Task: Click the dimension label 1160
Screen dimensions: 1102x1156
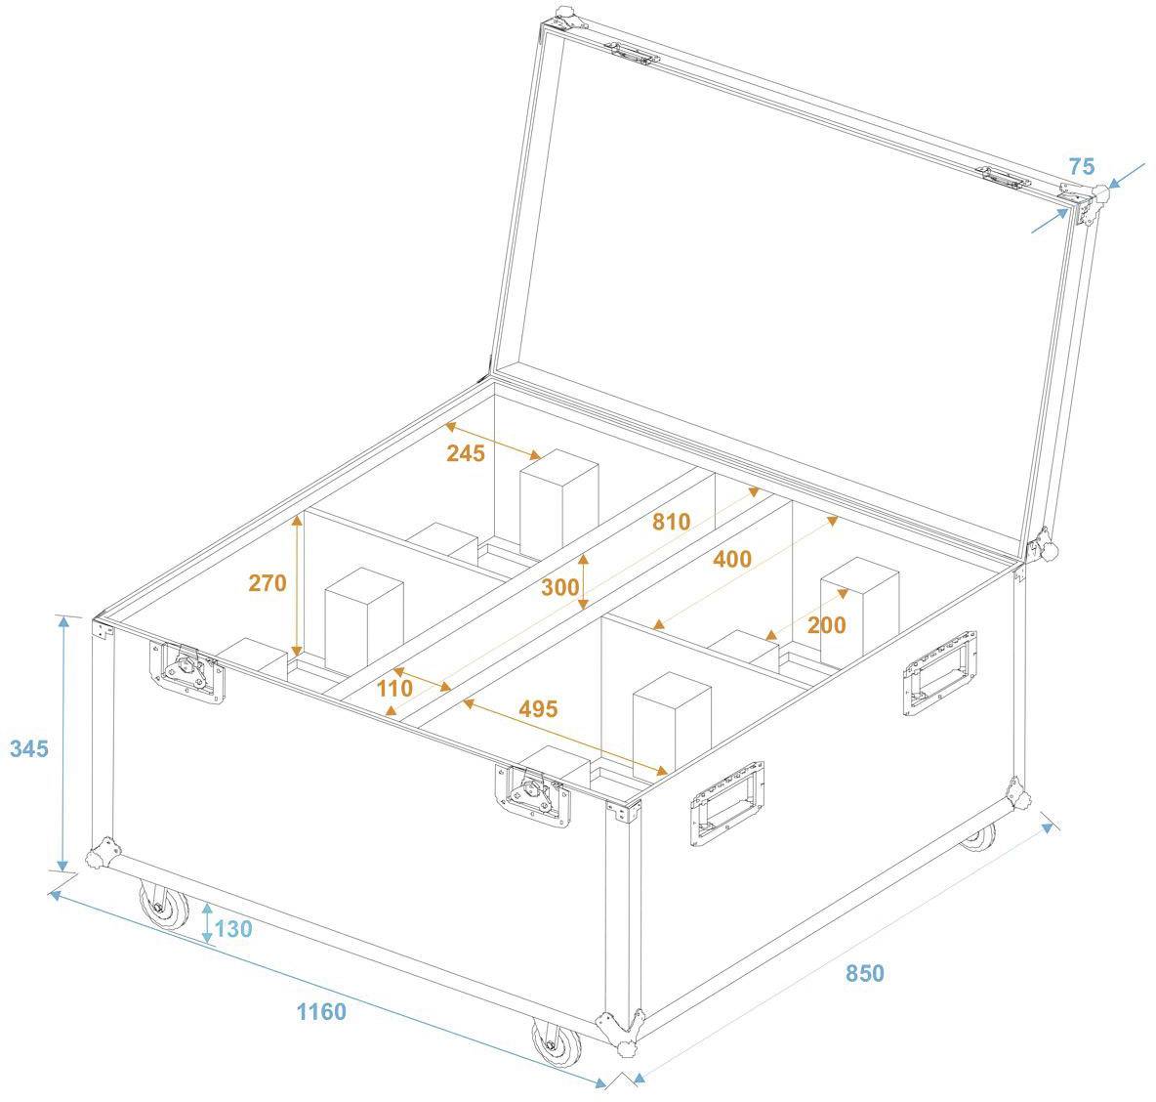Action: [x=321, y=1011]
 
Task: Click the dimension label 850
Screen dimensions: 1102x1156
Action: [x=864, y=973]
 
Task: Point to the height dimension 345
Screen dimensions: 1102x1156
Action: [x=28, y=749]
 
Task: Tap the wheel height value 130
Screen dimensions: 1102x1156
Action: [x=233, y=928]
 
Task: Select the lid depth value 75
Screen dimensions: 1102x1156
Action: [x=1081, y=167]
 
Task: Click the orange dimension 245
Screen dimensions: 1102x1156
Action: [x=466, y=453]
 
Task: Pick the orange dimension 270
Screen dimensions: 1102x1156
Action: [x=268, y=583]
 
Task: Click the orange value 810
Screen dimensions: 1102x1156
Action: [x=671, y=522]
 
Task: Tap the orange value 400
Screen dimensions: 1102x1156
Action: [x=732, y=559]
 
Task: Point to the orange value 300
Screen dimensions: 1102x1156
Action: [x=559, y=587]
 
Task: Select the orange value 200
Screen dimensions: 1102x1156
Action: [x=827, y=625]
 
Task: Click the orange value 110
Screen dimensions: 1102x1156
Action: [x=394, y=688]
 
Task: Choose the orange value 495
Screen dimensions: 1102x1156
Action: [x=538, y=708]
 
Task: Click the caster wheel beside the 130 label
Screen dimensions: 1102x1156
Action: [x=164, y=905]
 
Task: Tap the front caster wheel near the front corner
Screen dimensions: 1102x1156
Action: [x=557, y=1044]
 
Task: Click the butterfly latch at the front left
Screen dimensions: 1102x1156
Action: [x=186, y=671]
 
